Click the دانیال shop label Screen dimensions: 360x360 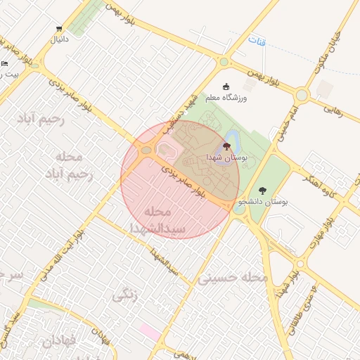click(x=58, y=40)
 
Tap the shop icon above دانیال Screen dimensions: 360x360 click(x=58, y=30)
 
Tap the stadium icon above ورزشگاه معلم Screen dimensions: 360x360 click(x=226, y=87)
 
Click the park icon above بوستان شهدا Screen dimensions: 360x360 click(x=226, y=146)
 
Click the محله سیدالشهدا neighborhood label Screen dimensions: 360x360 click(x=157, y=220)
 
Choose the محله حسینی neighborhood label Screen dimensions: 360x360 click(x=233, y=278)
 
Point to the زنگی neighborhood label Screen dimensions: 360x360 click(x=124, y=296)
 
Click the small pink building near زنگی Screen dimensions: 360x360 click(x=148, y=329)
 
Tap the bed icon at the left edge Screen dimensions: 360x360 click(x=4, y=64)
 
